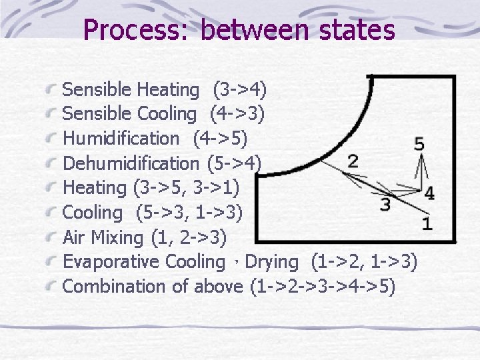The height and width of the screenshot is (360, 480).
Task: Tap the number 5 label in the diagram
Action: pos(419,143)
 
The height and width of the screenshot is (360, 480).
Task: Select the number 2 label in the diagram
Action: pos(353,161)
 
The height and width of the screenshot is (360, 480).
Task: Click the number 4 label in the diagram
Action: pos(429,193)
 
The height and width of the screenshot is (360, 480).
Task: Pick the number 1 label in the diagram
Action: pos(427,224)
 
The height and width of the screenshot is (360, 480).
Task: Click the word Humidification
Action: pos(121,139)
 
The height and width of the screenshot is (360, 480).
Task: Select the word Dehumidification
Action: pos(131,163)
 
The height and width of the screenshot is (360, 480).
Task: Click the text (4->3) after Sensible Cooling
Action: pos(237,114)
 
